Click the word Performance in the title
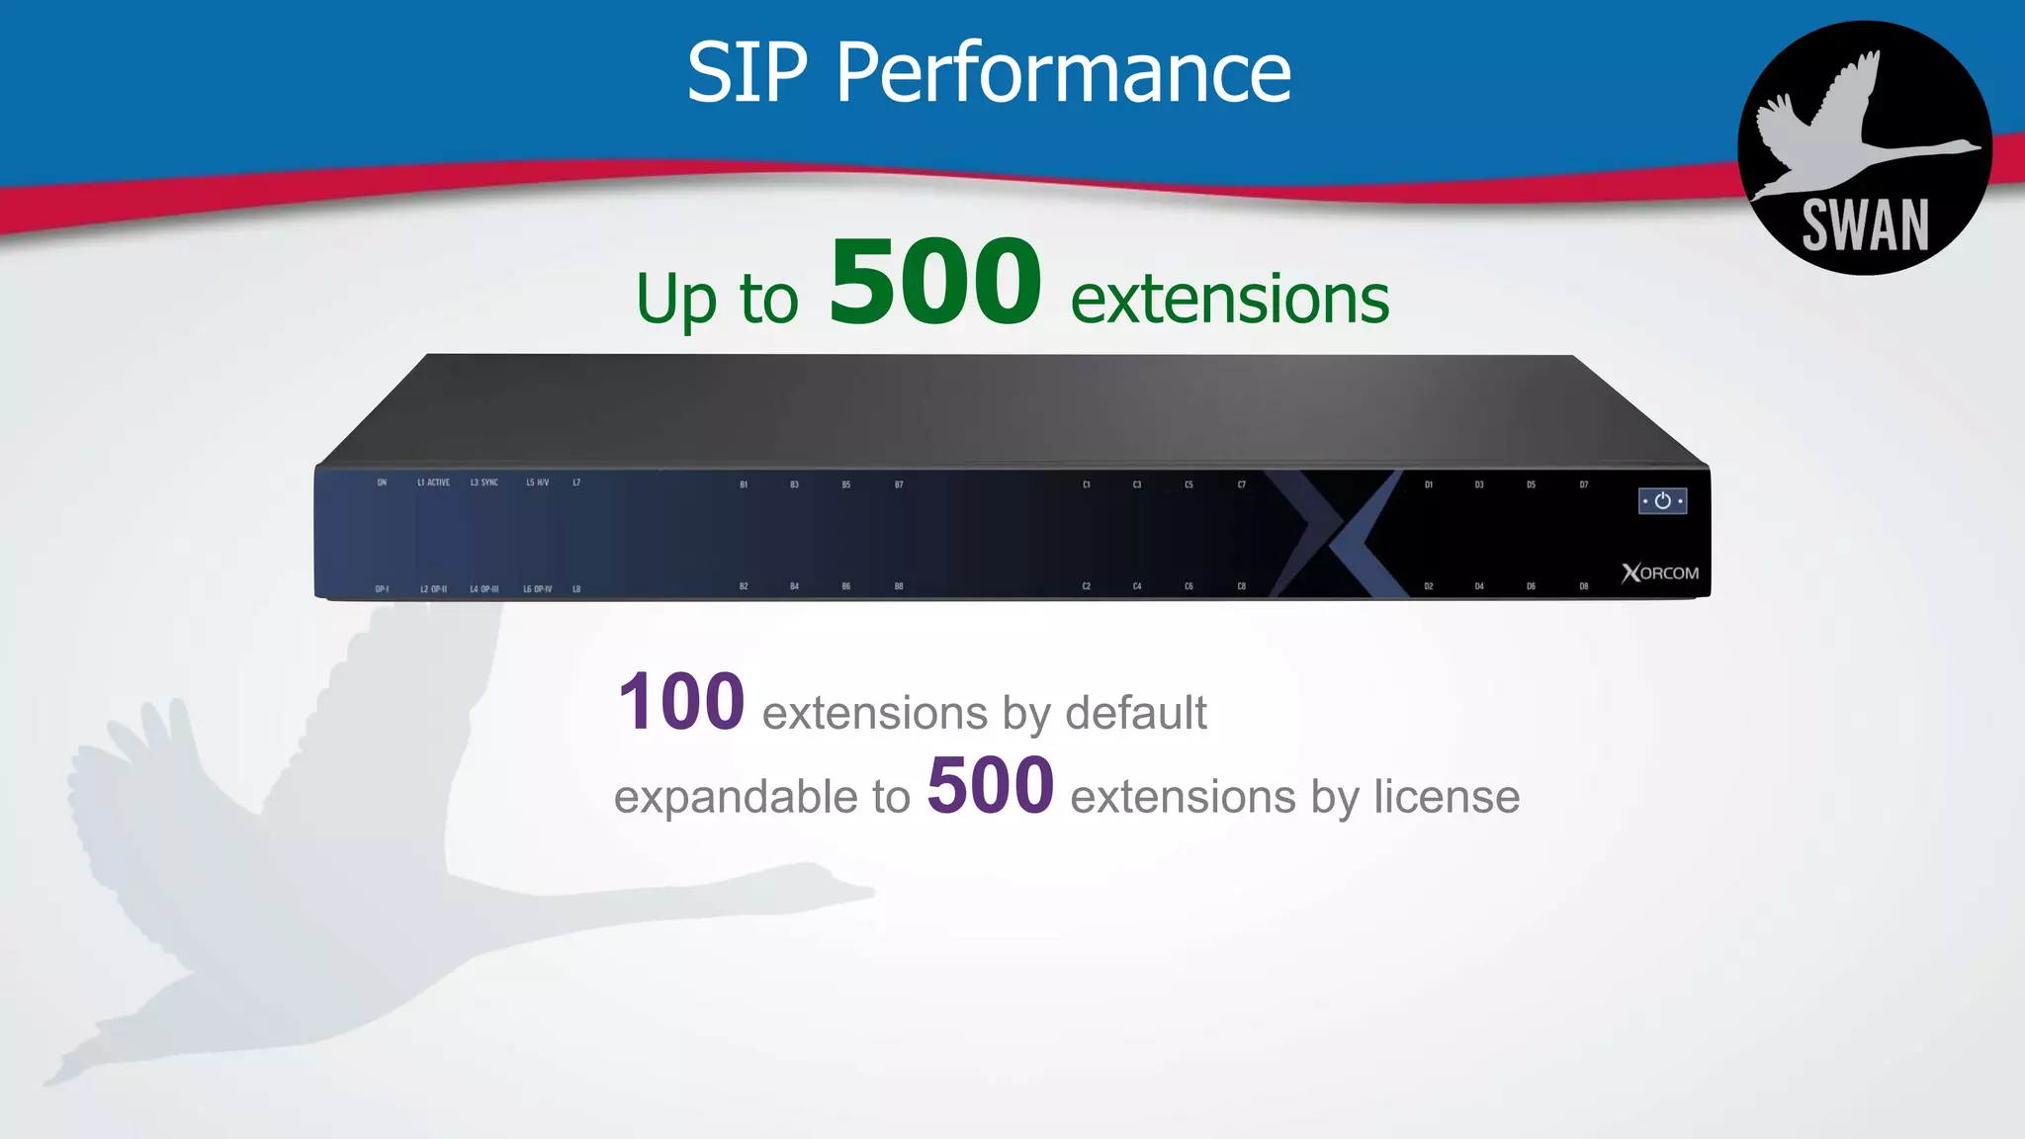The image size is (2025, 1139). pos(1064,73)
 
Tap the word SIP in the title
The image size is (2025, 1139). pos(748,73)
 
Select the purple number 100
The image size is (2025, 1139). pos(681,702)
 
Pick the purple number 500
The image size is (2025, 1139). pos(990,786)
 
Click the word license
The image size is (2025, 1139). pos(1447,797)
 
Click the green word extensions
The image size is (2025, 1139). pos(1229,299)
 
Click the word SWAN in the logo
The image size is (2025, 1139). pos(1865,225)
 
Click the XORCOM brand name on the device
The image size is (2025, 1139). pos(1660,573)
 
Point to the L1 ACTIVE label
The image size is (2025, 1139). pos(433,482)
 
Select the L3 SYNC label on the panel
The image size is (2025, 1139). pos(484,482)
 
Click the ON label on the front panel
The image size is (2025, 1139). pos(382,482)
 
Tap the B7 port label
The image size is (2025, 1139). pos(899,484)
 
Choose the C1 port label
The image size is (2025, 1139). pos(1086,484)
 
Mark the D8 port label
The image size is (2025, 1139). pos(1583,586)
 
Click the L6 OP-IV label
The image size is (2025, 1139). pos(537,589)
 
